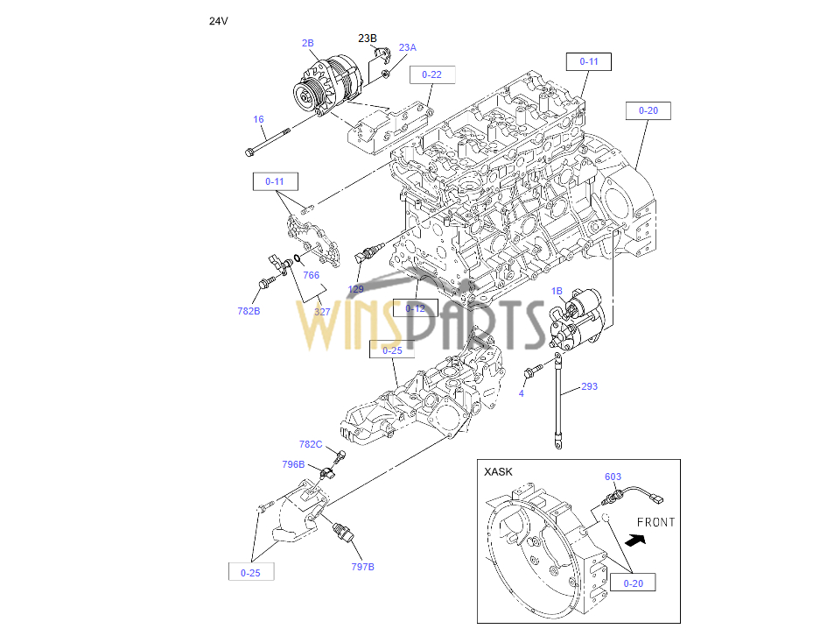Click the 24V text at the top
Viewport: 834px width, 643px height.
218,20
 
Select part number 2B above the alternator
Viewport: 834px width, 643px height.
307,42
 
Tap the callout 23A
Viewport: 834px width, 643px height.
408,47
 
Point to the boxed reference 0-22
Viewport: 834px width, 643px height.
431,74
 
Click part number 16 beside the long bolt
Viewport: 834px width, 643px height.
258,120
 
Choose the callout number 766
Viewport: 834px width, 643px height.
311,275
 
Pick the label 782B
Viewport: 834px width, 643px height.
249,311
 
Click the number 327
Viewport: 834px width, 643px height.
323,311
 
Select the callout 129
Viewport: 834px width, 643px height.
356,289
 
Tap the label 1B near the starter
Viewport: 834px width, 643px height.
557,291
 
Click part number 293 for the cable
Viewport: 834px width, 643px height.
589,386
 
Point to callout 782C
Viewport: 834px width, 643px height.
311,444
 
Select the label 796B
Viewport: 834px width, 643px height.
293,464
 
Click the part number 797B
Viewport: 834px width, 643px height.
362,567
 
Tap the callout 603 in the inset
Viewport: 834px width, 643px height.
613,477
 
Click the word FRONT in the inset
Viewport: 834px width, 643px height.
655,522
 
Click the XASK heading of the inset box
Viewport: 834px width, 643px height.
498,471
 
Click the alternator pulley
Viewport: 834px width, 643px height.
305,97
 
